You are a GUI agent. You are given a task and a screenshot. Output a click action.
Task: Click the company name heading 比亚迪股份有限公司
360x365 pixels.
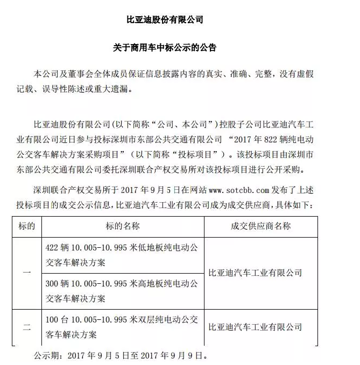click(165, 19)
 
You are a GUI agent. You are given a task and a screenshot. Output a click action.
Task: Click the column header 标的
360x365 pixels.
click(27, 226)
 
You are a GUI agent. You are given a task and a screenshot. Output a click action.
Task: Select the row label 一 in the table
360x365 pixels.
click(27, 272)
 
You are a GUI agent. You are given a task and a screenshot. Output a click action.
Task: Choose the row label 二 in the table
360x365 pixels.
click(27, 327)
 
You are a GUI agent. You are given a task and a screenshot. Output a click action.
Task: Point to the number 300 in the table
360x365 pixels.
click(53, 284)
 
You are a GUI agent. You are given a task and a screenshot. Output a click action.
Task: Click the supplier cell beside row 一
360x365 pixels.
click(255, 272)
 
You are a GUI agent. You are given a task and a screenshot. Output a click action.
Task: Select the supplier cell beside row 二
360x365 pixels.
click(255, 327)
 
